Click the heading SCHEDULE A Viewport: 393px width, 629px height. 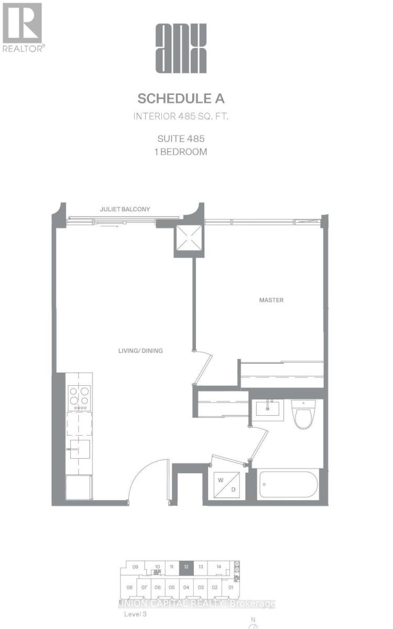[181, 99]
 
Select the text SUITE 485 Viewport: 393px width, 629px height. [181, 139]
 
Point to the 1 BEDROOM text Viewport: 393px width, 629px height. [181, 151]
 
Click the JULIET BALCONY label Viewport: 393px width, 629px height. [125, 209]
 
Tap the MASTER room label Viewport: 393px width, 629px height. [271, 300]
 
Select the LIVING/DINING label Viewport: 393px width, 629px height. [140, 350]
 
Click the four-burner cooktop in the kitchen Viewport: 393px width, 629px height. [80, 398]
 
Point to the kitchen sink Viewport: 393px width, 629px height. [79, 449]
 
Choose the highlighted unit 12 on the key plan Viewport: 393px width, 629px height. [185, 567]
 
